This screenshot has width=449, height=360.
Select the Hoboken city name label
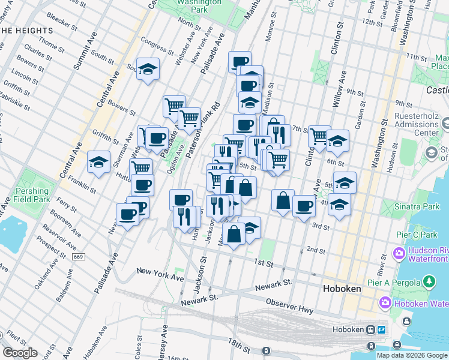tap(342, 289)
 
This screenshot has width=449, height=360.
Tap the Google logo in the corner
tap(20, 353)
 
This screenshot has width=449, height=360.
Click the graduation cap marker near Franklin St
tap(99, 162)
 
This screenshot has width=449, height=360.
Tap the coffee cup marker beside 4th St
tap(304, 205)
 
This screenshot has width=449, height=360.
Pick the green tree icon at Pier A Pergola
tap(429, 281)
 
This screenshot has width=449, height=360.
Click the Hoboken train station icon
tap(372, 329)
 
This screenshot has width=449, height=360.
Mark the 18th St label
tap(239, 347)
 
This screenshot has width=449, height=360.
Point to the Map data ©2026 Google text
tap(412, 355)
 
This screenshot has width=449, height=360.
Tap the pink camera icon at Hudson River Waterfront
tap(399, 254)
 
